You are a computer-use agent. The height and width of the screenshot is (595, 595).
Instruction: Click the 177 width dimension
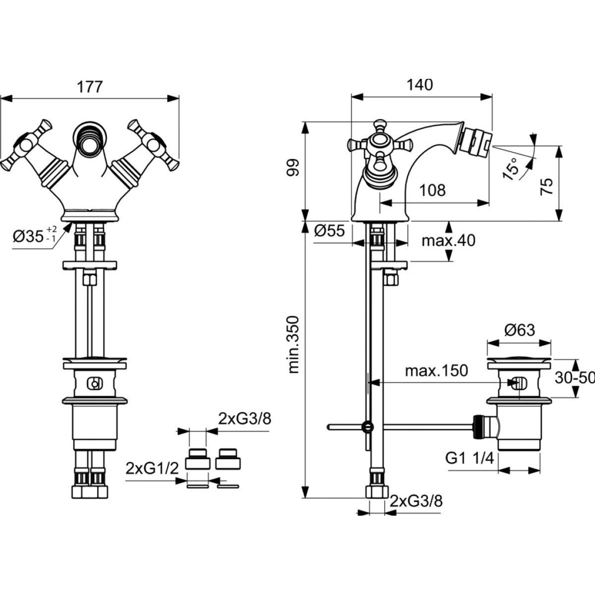click(x=90, y=86)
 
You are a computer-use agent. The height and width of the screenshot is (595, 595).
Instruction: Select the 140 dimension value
click(x=420, y=85)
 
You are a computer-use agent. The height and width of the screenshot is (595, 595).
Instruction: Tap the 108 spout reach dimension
click(x=433, y=190)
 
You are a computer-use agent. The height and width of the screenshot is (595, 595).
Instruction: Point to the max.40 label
click(x=448, y=241)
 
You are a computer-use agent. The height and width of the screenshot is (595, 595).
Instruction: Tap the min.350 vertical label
click(x=294, y=344)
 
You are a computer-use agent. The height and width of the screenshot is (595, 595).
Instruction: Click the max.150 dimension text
click(x=436, y=370)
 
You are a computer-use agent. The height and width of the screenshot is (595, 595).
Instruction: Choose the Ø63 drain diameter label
click(x=519, y=329)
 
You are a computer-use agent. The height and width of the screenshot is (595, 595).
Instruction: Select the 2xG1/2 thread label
click(x=151, y=468)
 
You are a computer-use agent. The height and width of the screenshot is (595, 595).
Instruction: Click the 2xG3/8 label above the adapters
click(x=245, y=419)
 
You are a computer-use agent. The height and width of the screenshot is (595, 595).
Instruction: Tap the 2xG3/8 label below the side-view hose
click(x=416, y=501)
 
